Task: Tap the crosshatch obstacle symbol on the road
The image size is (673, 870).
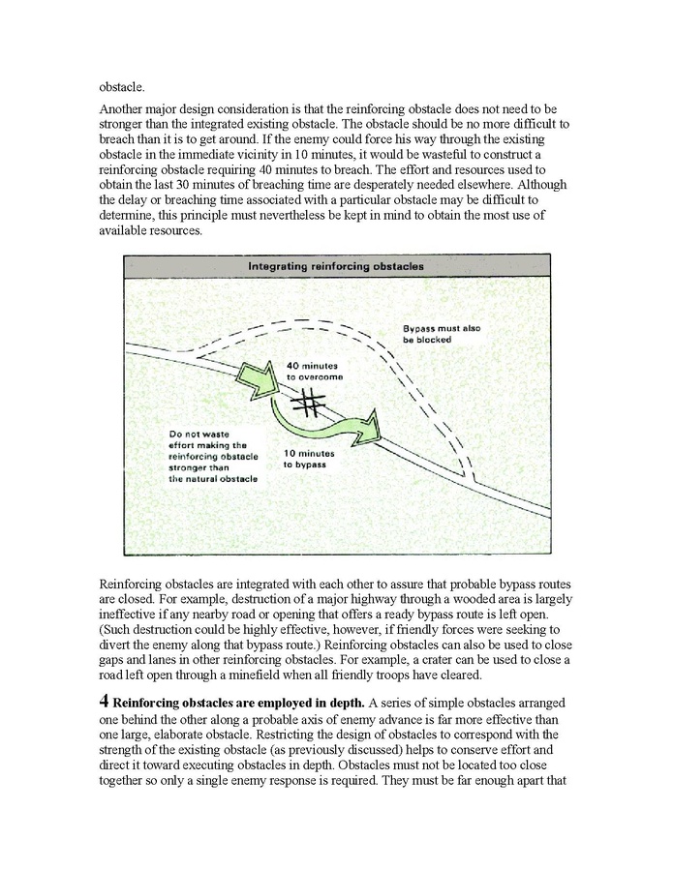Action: point(309,402)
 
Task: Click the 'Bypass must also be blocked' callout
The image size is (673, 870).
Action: point(441,335)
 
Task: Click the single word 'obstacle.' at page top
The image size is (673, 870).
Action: point(121,88)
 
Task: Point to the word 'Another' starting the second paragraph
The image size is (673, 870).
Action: point(122,112)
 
